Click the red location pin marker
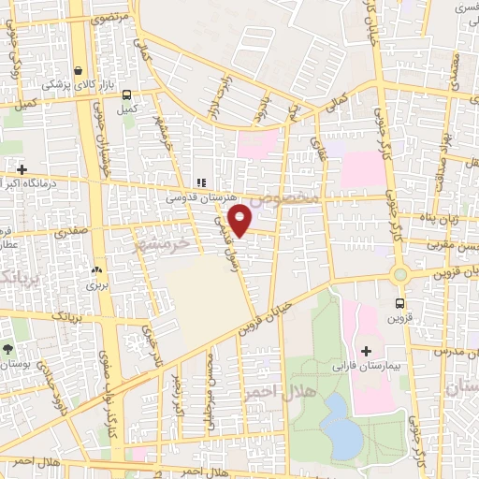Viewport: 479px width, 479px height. pyautogui.click(x=240, y=219)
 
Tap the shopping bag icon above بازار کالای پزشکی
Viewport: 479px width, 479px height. pyautogui.click(x=79, y=70)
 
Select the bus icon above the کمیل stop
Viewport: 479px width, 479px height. pyautogui.click(x=127, y=94)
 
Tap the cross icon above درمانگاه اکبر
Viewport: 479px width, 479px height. pyautogui.click(x=21, y=169)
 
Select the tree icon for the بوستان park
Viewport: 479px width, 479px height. pyautogui.click(x=8, y=349)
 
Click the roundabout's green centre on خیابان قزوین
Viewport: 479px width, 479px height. pyautogui.click(x=400, y=274)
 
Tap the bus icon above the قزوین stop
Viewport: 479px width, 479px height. pyautogui.click(x=399, y=302)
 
